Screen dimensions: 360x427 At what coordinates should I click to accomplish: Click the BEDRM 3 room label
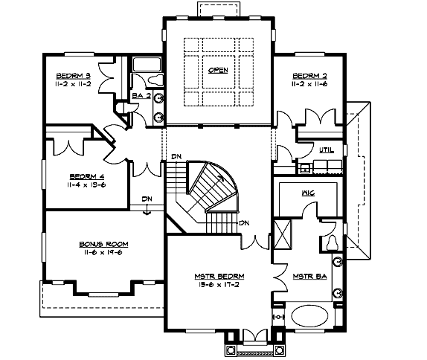pyautogui.click(x=72, y=76)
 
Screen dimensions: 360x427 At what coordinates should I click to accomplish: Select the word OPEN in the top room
pyautogui.click(x=217, y=71)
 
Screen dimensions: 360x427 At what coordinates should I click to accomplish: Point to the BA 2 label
pyautogui.click(x=141, y=96)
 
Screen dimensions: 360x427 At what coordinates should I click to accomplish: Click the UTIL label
pyautogui.click(x=327, y=150)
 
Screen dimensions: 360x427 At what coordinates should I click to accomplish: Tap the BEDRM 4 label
pyautogui.click(x=86, y=176)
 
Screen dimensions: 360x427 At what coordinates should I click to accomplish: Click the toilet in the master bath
pyautogui.click(x=333, y=241)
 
